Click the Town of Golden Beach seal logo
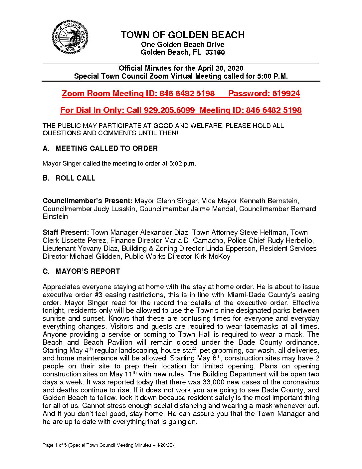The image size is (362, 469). click(x=70, y=37)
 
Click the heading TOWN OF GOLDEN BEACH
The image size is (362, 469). click(x=182, y=35)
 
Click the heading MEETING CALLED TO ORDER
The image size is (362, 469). click(x=106, y=149)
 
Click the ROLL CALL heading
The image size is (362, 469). click(x=75, y=178)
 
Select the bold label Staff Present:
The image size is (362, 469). click(x=66, y=233)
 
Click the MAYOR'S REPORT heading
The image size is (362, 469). click(x=88, y=271)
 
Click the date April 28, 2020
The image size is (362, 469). click(x=221, y=68)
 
